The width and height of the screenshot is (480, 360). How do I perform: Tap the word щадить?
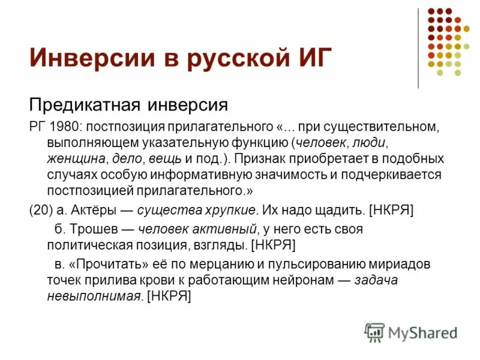(x=340, y=209)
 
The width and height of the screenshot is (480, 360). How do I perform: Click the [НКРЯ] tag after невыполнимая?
(x=169, y=295)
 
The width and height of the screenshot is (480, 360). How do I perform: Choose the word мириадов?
(x=401, y=264)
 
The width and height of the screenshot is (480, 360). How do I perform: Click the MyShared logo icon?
(x=374, y=332)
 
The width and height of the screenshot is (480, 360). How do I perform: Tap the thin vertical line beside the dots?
(x=418, y=48)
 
